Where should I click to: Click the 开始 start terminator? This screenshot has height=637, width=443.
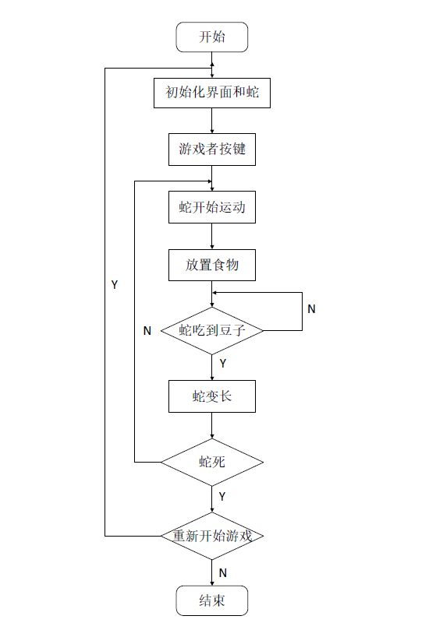(x=212, y=37)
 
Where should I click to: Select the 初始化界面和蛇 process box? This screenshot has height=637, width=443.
(x=212, y=93)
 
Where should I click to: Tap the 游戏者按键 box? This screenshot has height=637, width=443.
(x=212, y=150)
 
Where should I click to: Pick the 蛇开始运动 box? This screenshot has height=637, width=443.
(x=212, y=207)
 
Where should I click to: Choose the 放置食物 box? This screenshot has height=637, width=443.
(x=212, y=265)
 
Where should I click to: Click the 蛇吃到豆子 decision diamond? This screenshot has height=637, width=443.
(x=212, y=330)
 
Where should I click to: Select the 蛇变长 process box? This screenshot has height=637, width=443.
(x=212, y=396)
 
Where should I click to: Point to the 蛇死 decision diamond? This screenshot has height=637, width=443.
(x=212, y=462)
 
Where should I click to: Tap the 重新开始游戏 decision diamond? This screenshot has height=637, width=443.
(x=212, y=536)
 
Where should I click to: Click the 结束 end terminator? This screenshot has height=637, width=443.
(x=212, y=600)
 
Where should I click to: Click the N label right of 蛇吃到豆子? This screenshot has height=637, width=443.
(x=311, y=308)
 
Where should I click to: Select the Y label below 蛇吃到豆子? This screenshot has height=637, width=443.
(x=222, y=363)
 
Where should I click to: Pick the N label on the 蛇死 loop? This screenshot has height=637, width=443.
(x=147, y=330)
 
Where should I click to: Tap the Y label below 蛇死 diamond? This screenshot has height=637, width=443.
(x=222, y=496)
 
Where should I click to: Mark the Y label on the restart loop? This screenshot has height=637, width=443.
(x=115, y=285)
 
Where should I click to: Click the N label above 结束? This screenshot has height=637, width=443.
(x=222, y=572)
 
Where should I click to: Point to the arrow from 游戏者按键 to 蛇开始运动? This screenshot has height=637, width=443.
(x=212, y=178)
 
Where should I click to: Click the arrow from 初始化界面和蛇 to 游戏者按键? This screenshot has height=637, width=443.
(x=212, y=121)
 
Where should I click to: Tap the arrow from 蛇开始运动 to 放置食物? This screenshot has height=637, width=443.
(x=212, y=236)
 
